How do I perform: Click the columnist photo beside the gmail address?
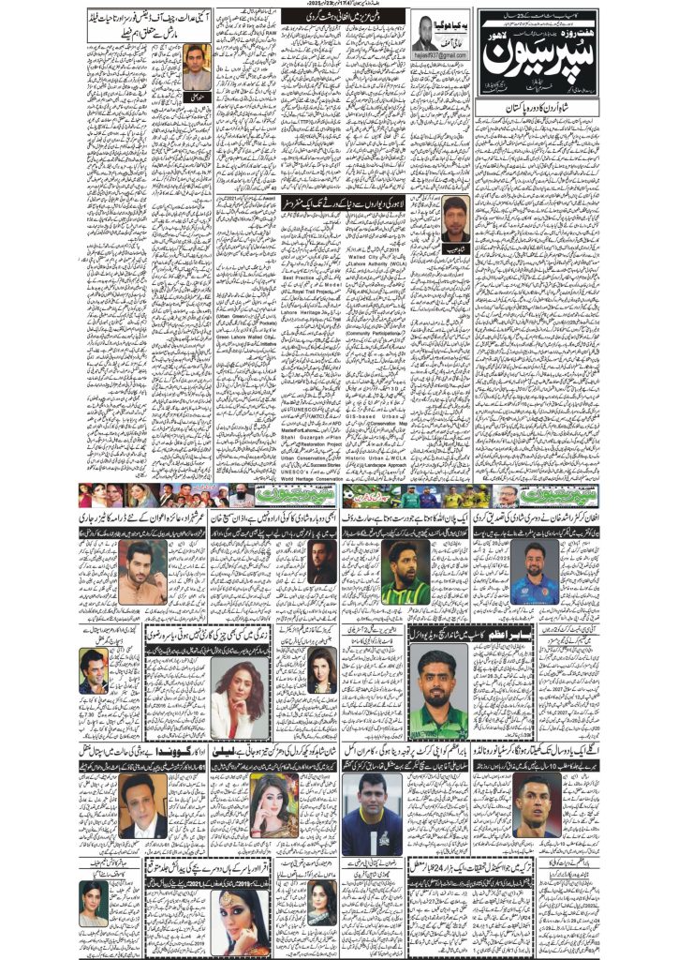coord(427,32)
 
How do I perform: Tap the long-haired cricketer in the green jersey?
coord(405,571)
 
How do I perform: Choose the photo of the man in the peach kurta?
coord(142,572)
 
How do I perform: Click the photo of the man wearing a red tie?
coord(142,804)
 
